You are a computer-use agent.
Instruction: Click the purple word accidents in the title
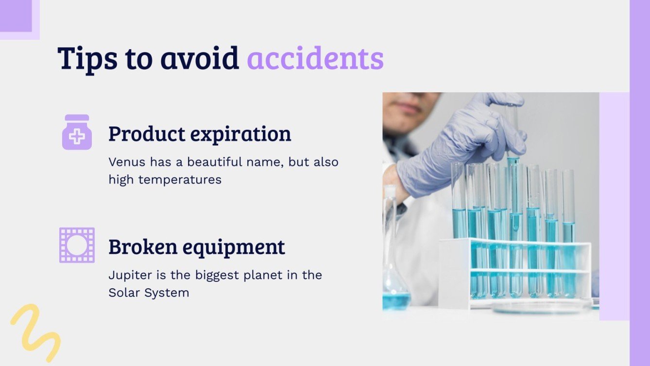tap(315, 59)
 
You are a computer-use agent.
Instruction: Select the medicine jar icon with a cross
tap(77, 132)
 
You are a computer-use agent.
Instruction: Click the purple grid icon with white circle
tap(77, 245)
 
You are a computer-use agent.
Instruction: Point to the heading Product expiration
tap(200, 134)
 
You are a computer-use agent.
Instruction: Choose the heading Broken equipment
tap(196, 247)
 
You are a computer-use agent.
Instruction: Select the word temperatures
tap(180, 179)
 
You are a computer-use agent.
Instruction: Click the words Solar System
tap(149, 293)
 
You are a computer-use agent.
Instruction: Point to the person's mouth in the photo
tap(408, 108)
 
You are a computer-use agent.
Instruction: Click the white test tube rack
tap(515, 272)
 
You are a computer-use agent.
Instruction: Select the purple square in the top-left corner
tap(16, 16)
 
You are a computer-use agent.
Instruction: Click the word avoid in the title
tap(200, 59)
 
